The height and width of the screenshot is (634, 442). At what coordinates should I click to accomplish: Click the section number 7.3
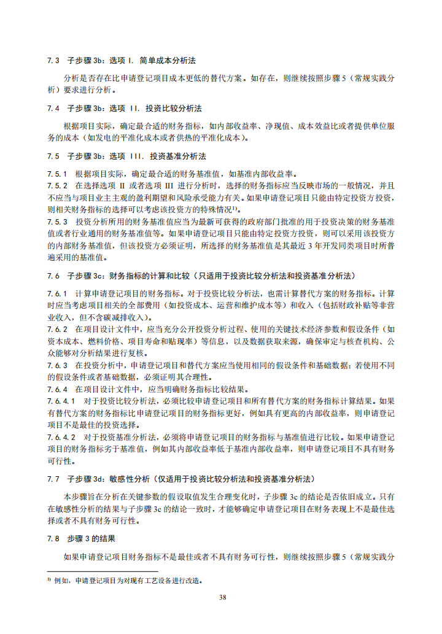(x=53, y=61)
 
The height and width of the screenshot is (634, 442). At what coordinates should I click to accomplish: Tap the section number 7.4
(x=53, y=108)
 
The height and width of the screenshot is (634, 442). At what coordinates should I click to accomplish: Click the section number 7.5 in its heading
(x=53, y=156)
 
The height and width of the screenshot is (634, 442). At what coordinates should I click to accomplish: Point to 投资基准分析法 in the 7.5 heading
(x=177, y=156)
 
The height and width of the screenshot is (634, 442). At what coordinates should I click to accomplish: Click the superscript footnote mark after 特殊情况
(x=246, y=207)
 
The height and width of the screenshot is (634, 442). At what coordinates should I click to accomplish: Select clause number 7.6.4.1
(x=61, y=401)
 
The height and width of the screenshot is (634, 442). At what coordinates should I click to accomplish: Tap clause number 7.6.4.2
(x=61, y=437)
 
